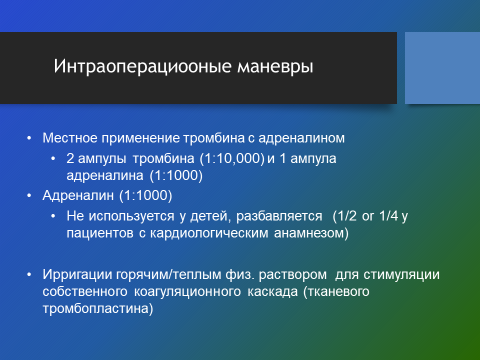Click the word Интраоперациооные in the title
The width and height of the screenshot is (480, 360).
tap(142, 66)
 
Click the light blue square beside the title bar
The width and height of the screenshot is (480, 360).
tap(442, 68)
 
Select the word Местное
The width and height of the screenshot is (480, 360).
tap(70, 138)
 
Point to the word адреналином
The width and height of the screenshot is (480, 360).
tap(301, 138)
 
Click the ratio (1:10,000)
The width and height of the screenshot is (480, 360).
tap(232, 158)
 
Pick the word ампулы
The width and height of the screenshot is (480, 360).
tap(102, 159)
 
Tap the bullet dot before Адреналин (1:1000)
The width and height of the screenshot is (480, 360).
tap(29, 195)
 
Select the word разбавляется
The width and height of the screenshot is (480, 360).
tap(279, 216)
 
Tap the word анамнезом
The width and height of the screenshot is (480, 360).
tap(311, 233)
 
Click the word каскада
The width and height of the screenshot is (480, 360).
tap(272, 291)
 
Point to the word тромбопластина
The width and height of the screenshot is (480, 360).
tap(97, 308)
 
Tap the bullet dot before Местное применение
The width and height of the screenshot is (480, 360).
tap(29, 138)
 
